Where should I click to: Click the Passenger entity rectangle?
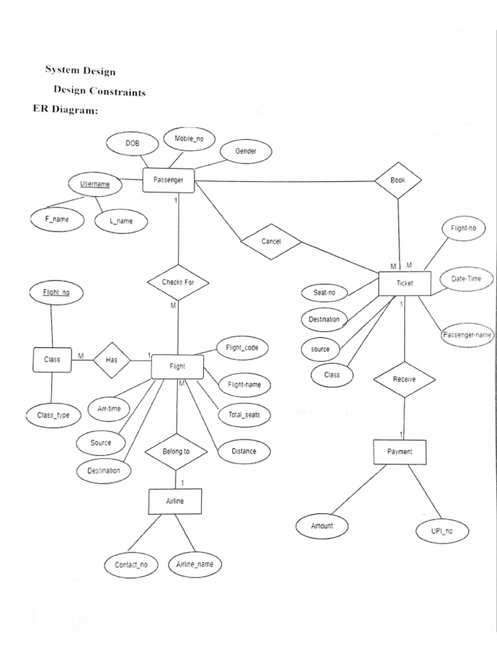168,180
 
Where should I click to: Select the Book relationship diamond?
397,180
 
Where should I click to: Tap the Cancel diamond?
271,242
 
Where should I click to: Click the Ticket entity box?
404,283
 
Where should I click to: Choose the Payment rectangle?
399,452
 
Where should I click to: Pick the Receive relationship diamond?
404,379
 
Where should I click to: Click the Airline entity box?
175,500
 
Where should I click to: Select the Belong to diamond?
175,451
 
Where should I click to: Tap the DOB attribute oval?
132,144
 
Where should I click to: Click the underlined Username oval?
94,184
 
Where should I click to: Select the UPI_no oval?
442,531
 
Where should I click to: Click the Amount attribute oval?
322,526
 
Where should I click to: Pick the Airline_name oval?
194,564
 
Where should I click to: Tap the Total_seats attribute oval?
244,414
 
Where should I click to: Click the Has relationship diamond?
111,359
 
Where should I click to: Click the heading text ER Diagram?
65,110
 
